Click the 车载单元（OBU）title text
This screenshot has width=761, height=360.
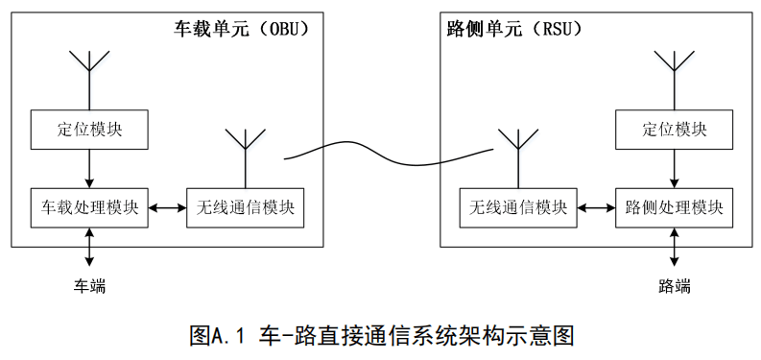pyautogui.click(x=241, y=29)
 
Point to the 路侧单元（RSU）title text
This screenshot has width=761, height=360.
pyautogui.click(x=514, y=29)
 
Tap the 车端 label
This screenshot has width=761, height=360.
pyautogui.click(x=89, y=286)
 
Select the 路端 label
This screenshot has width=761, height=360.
pyautogui.click(x=674, y=286)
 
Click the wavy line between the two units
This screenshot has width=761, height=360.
pyautogui.click(x=389, y=154)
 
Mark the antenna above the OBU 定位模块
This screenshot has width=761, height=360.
pyautogui.click(x=89, y=81)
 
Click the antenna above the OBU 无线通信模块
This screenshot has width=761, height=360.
pyautogui.click(x=246, y=158)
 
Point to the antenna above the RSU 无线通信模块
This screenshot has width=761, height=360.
pyautogui.click(x=518, y=158)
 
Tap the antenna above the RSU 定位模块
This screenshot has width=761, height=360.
pyautogui.click(x=674, y=81)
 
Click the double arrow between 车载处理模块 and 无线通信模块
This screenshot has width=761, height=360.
pyautogui.click(x=167, y=208)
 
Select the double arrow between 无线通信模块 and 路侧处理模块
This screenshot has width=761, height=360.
pyautogui.click(x=597, y=208)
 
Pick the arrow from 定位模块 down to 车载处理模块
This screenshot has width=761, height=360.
pyautogui.click(x=89, y=169)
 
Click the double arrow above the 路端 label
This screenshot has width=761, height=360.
pyautogui.click(x=674, y=247)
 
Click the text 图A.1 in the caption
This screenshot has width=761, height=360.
pyautogui.click(x=220, y=336)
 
